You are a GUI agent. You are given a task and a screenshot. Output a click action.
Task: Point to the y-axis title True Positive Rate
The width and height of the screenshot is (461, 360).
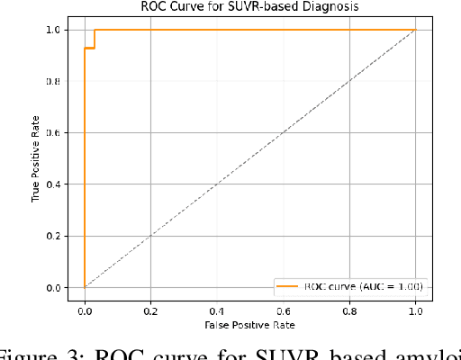[37, 158]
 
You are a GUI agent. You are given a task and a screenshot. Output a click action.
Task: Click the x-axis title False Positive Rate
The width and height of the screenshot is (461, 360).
[249, 323]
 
